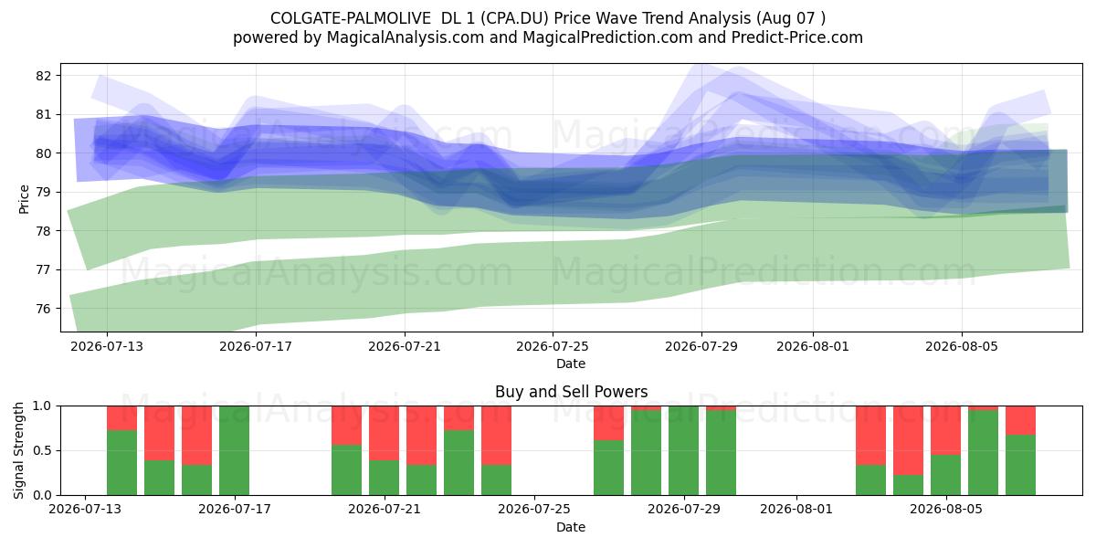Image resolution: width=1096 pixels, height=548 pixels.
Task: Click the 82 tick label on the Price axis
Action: point(43,76)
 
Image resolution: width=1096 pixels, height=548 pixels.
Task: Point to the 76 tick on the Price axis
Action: point(43,309)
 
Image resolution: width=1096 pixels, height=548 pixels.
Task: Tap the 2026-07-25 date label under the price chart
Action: point(553,346)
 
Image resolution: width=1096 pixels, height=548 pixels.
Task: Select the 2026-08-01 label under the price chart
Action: point(813,346)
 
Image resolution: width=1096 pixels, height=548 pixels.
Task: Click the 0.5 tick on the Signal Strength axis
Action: point(42,450)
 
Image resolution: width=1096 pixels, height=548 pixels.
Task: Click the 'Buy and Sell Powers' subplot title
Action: point(571,392)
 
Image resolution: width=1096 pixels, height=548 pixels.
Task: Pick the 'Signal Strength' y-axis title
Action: point(18,450)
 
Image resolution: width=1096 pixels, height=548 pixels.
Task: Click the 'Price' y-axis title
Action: point(24,199)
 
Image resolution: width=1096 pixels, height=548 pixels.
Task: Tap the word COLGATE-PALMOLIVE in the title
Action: point(351,18)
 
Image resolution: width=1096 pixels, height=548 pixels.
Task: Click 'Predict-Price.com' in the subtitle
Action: point(797,37)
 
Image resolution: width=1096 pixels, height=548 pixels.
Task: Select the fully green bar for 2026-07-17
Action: point(234,450)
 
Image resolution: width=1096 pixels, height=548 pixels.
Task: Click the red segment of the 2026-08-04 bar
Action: point(908,440)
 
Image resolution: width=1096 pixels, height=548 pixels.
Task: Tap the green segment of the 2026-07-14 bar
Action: point(121,462)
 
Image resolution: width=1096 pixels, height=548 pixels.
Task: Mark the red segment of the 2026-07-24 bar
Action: point(496,436)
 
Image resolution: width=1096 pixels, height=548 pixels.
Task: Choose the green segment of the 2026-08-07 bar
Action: point(1021,465)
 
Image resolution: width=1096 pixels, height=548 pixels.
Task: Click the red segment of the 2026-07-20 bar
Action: point(346,426)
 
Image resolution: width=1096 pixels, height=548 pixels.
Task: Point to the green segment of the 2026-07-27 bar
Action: point(608,468)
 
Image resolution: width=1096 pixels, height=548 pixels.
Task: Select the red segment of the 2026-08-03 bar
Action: point(871,436)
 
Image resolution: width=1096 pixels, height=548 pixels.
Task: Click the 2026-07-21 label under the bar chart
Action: point(385,510)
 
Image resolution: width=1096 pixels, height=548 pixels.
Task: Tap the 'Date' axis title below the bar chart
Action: point(571,527)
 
